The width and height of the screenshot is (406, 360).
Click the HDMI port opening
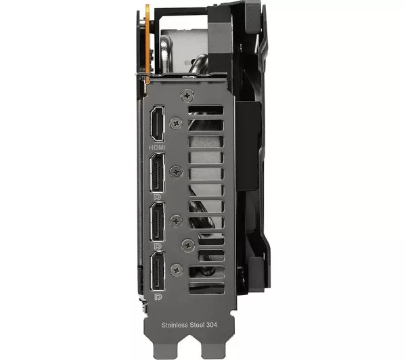pyautogui.click(x=157, y=124)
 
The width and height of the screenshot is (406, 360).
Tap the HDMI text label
pyautogui.click(x=157, y=148)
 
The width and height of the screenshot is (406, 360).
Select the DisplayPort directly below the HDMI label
pyautogui.click(x=157, y=173)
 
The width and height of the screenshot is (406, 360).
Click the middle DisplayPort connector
pyautogui.click(x=157, y=221)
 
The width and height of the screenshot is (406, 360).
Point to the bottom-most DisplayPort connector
pyautogui.click(x=158, y=271)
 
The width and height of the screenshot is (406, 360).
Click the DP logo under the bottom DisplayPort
pyautogui.click(x=158, y=297)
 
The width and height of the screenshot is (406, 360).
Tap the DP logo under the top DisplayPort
pyautogui.click(x=157, y=198)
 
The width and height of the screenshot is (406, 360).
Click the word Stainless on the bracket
pyautogui.click(x=175, y=325)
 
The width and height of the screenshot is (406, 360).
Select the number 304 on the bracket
pyautogui.click(x=212, y=325)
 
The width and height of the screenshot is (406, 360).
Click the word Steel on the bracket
pyautogui.click(x=197, y=325)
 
